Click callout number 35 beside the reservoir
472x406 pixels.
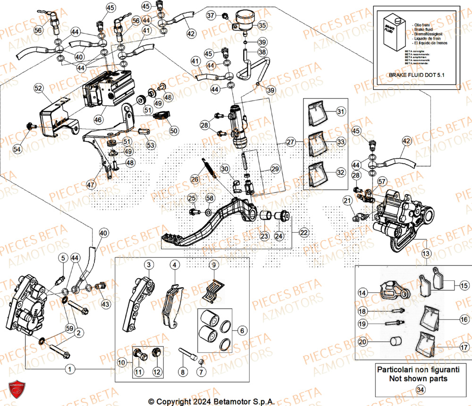tap(262, 25)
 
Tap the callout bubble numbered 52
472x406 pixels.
tap(38, 88)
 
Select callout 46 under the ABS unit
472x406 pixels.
tap(98, 120)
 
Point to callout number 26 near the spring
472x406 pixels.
tap(195, 179)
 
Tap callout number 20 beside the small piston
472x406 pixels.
tap(362, 342)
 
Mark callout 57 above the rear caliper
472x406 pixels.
tap(381, 181)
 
